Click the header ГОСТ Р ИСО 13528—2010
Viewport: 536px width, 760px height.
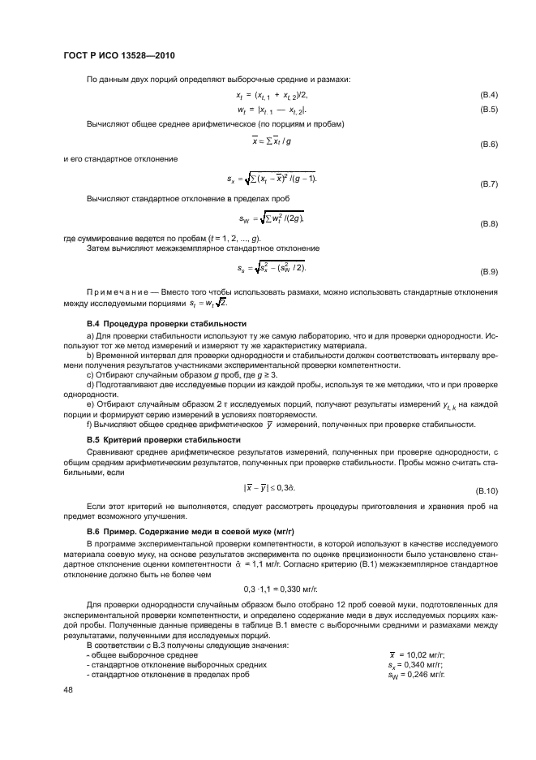[119, 55]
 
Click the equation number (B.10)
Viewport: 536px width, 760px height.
[487, 492]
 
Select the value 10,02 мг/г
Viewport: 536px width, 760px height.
[424, 654]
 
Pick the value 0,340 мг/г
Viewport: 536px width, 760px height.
[423, 664]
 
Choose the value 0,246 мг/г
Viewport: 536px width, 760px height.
[423, 674]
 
